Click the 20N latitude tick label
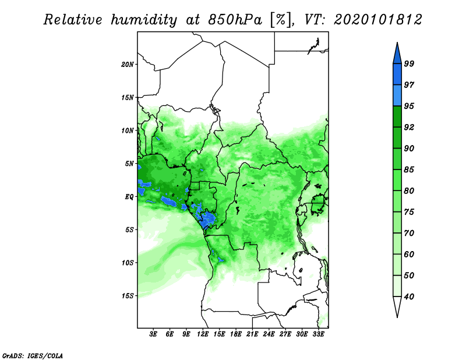coord(128,65)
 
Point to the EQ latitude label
coord(129,197)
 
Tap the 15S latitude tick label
coord(128,296)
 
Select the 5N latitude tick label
coord(129,164)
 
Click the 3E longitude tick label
coord(153,334)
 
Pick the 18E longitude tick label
coord(236,334)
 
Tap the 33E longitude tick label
coord(318,334)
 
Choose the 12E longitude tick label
coord(203,334)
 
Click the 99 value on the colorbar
coord(409,64)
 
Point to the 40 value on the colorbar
coord(409,297)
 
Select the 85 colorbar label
coord(409,170)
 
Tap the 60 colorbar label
coord(409,255)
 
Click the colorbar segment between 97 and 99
coord(397,75)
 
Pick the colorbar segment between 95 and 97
coord(397,96)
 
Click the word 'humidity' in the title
coord(144,20)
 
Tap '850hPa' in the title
coord(235,20)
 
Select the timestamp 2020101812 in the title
coord(377,20)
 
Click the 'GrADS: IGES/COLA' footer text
coord(33,356)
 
